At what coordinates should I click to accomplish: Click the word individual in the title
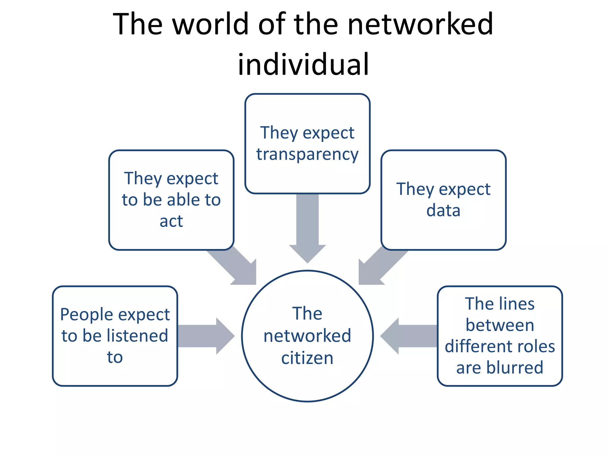303,64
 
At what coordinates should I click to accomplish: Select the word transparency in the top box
307,155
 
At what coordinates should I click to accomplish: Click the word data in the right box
443,211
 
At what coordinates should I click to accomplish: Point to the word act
171,221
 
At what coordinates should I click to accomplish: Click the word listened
137,336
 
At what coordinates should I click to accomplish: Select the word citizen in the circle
307,358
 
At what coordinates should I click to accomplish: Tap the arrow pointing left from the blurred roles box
409,336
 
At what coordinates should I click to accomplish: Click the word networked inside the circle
307,336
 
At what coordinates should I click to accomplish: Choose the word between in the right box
500,325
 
